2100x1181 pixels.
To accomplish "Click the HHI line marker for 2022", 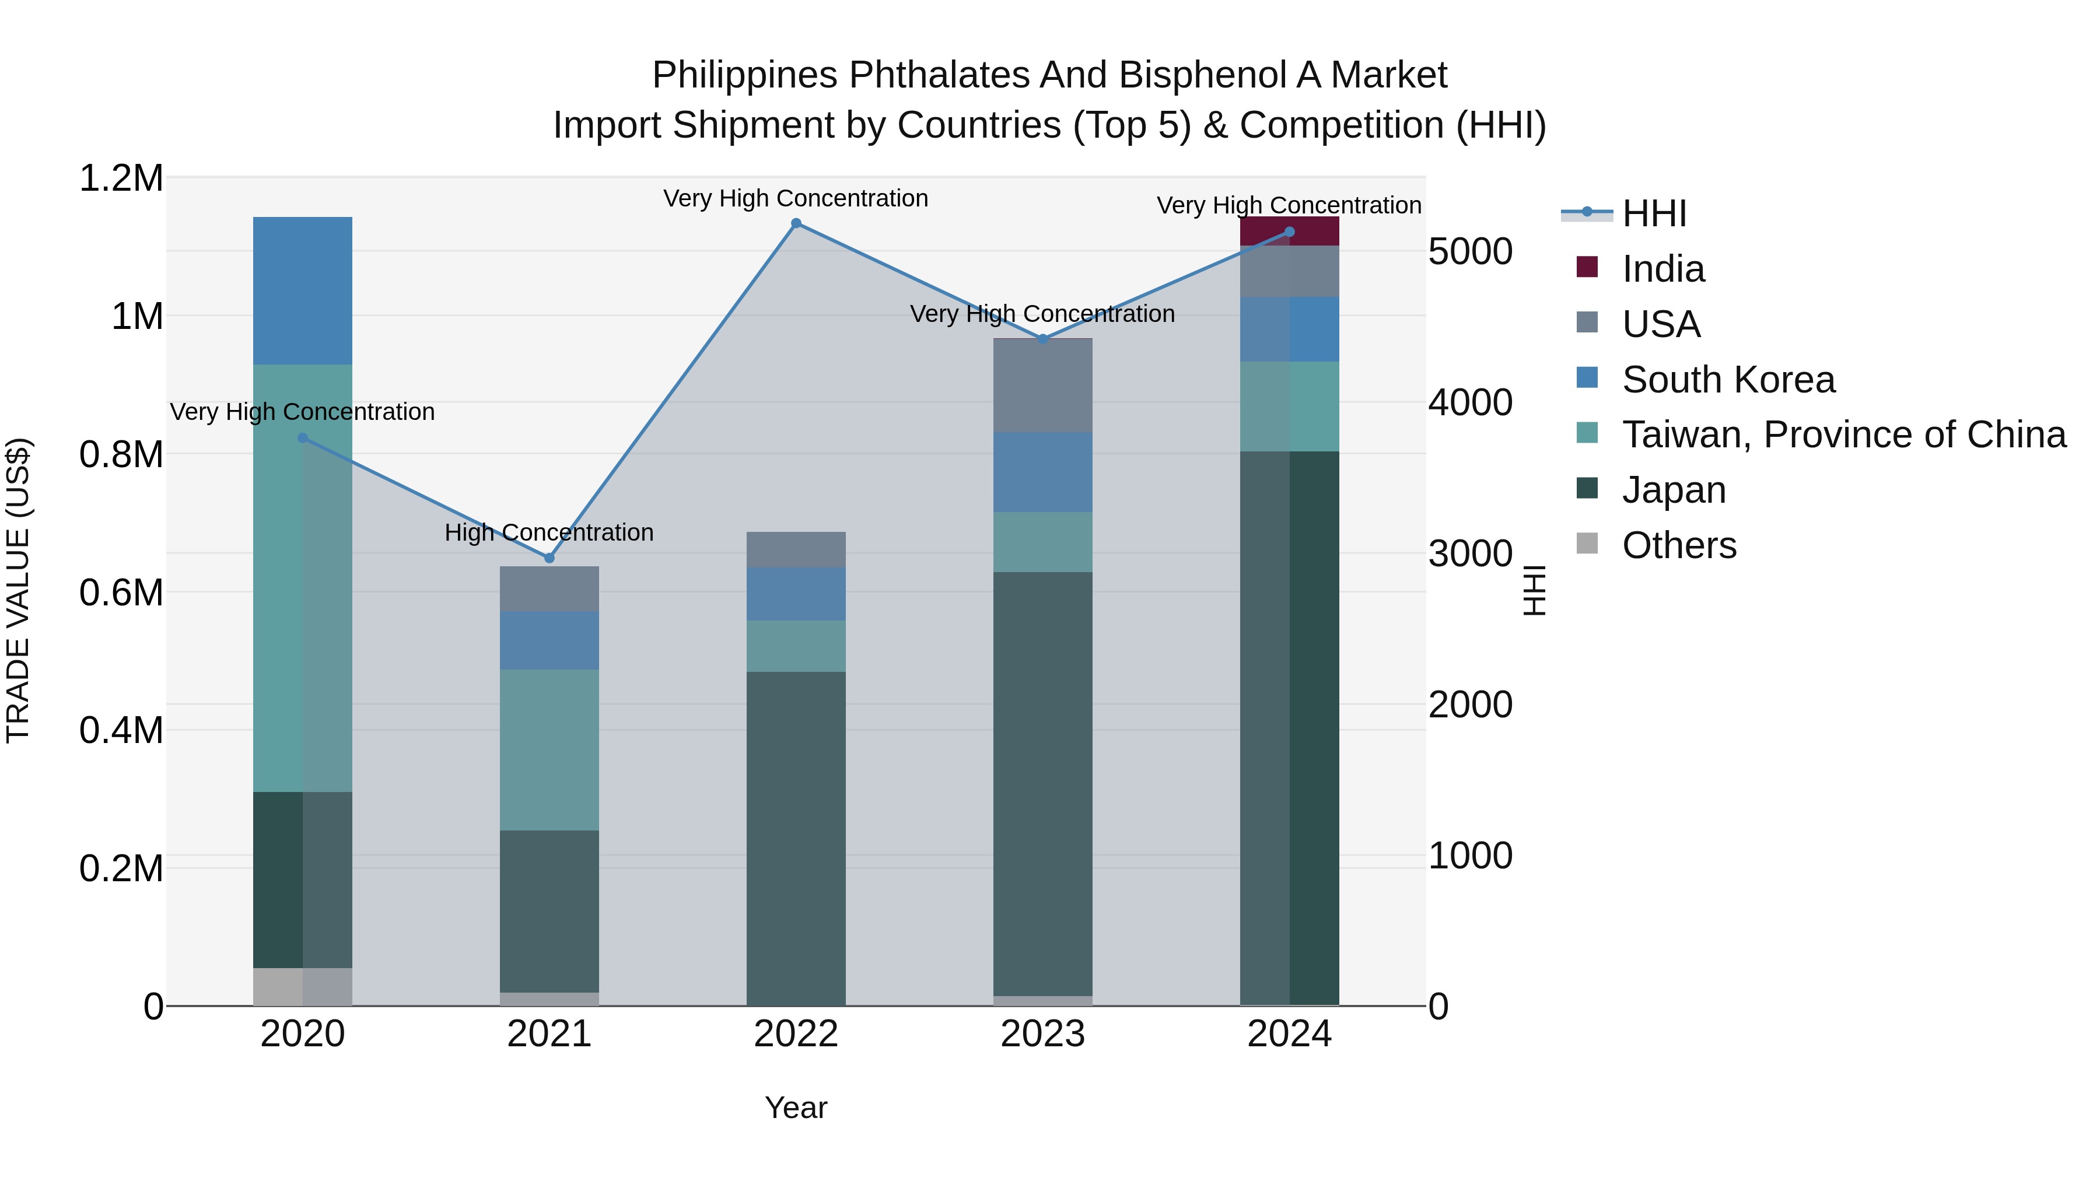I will click(796, 223).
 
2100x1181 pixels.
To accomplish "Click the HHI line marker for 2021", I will click(549, 558).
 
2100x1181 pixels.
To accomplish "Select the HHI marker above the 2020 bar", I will click(302, 437).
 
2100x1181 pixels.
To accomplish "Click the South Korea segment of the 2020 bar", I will click(302, 290).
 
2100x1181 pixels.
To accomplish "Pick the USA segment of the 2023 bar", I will click(1042, 385).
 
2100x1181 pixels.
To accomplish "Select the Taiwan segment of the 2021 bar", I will click(549, 750).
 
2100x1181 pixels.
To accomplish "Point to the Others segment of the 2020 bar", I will click(302, 986).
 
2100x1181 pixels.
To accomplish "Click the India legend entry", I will click(1663, 269).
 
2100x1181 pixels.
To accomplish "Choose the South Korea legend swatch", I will click(1587, 378).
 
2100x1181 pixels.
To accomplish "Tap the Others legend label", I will click(1679, 545).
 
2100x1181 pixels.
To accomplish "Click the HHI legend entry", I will click(1654, 213).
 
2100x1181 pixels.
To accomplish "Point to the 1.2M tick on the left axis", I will click(121, 178).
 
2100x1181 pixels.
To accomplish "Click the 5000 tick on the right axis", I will click(1470, 252).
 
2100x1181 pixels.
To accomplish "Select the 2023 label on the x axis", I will click(1042, 1034).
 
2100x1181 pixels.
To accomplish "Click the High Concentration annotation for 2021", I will click(549, 532).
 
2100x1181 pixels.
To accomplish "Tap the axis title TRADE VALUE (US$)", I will click(18, 591).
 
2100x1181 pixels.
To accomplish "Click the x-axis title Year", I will click(796, 1108).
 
